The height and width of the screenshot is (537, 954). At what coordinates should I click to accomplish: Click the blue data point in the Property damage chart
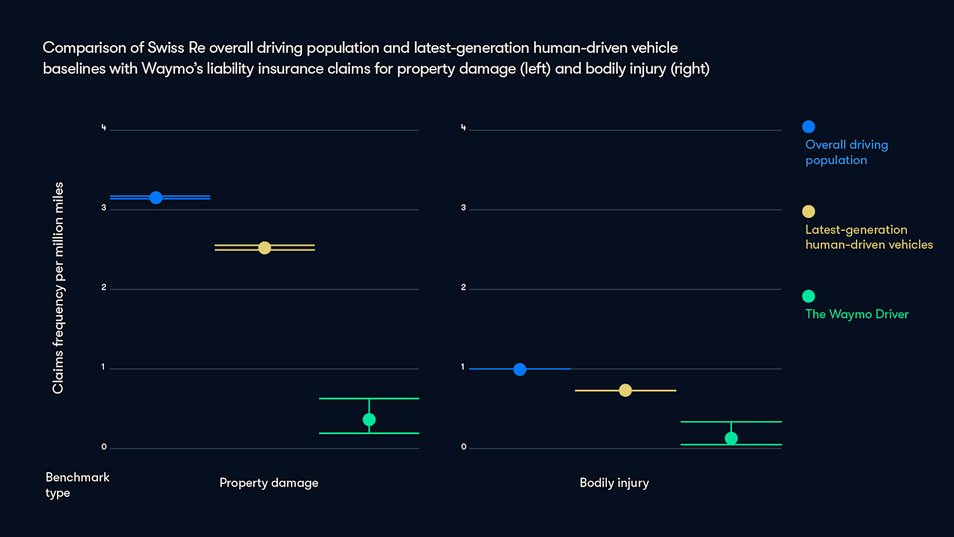[156, 198]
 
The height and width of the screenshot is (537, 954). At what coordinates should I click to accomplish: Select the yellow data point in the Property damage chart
[264, 248]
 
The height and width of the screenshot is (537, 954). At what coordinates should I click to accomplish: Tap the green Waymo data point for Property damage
[369, 420]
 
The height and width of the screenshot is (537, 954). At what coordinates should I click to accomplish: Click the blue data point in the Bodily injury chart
[519, 369]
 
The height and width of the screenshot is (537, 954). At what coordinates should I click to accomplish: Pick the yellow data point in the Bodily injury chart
[625, 390]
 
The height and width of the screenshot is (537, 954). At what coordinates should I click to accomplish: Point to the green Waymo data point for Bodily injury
[731, 438]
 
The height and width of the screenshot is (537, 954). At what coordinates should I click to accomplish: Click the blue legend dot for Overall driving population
[808, 127]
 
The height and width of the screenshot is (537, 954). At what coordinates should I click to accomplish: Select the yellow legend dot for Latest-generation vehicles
[808, 211]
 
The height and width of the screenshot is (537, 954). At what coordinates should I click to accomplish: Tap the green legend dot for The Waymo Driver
[808, 296]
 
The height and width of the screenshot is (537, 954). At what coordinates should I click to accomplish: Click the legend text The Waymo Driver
[857, 314]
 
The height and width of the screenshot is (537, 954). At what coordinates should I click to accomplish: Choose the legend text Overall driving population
[846, 152]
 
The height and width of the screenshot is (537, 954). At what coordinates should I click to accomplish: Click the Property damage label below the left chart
[269, 483]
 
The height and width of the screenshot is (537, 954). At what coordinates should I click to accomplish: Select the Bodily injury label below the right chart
[614, 483]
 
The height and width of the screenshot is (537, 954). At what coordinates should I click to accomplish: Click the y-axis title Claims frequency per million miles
[58, 288]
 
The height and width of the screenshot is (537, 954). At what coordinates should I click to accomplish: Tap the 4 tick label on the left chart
[103, 128]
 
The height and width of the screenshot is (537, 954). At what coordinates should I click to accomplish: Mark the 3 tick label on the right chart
[464, 208]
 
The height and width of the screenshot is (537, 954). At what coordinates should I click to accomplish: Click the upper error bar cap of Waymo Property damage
[369, 398]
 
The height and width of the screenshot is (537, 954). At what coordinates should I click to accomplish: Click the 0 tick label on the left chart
[103, 447]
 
